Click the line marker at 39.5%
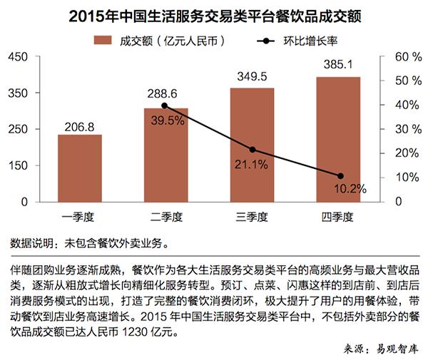pos(165,106)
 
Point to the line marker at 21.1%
pos(252,150)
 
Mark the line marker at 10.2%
pos(340,176)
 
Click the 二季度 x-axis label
pos(165,216)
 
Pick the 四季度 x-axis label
pos(339,216)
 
